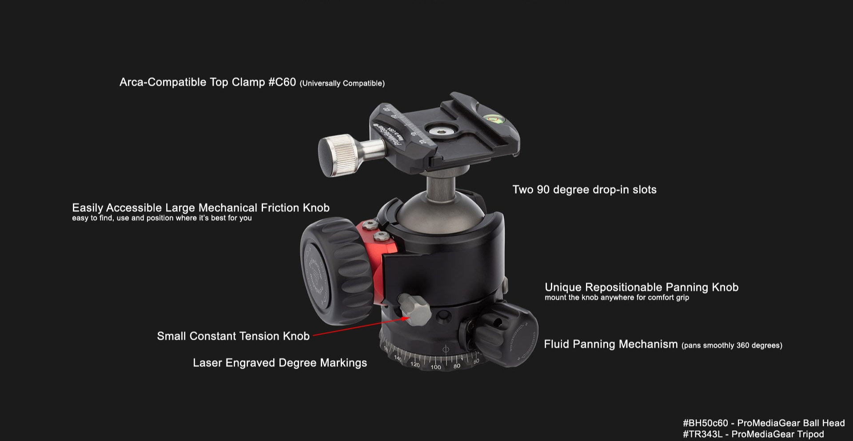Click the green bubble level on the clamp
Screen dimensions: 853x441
click(x=493, y=118)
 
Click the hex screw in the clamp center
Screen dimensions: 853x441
click(x=442, y=130)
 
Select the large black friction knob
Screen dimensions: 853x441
click(x=332, y=271)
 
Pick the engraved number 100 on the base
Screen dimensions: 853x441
click(x=436, y=367)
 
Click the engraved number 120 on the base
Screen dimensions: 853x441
click(x=415, y=365)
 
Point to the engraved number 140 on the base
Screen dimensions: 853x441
click(x=398, y=358)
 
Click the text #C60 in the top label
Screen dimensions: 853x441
click(x=282, y=82)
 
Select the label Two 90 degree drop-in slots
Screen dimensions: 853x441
click(x=584, y=190)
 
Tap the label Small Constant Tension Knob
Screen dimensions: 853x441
click(x=233, y=336)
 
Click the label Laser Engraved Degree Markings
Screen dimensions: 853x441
click(x=280, y=363)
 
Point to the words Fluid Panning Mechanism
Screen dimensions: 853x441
click(x=611, y=344)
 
